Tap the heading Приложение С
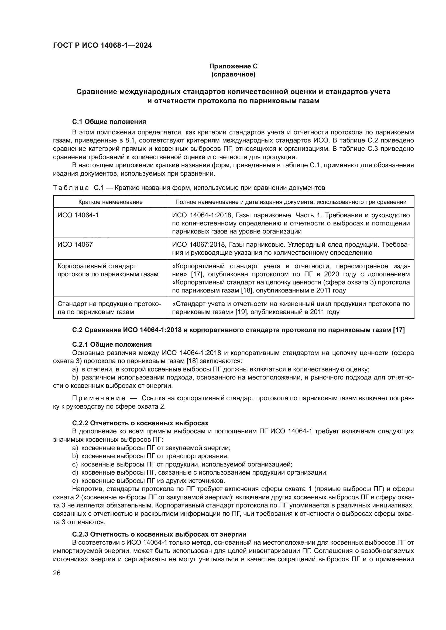tap(233, 66)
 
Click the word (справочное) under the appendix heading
tap(233, 74)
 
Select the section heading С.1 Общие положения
tap(109, 121)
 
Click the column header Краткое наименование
tap(110, 202)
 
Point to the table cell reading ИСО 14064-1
tap(78, 215)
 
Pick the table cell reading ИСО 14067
tap(75, 244)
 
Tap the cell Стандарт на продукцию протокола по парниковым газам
tap(109, 308)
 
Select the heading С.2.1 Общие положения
tap(112, 344)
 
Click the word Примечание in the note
tap(99, 398)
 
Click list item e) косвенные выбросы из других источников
tap(149, 481)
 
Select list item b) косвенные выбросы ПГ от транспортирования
tap(150, 456)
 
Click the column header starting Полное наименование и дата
tap(291, 202)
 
